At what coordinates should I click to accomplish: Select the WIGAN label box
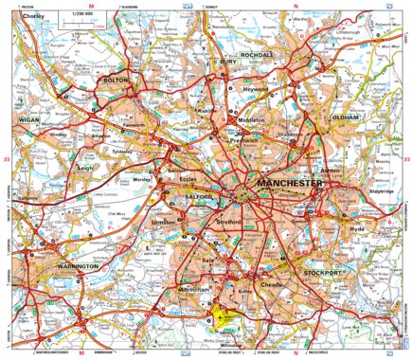31,122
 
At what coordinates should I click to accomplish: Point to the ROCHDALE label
257,56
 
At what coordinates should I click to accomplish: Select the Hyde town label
356,229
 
